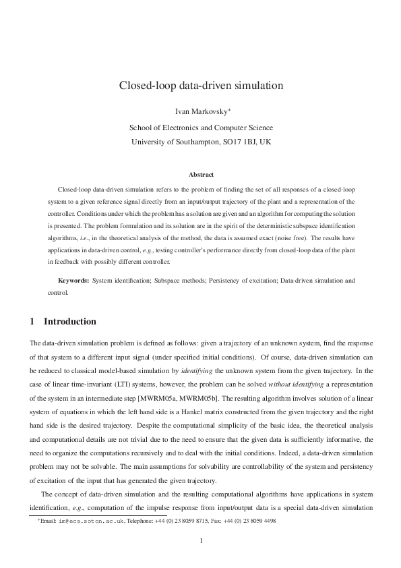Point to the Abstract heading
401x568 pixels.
click(200, 175)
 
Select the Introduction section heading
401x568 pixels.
click(69, 322)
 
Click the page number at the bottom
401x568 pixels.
click(201, 541)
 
